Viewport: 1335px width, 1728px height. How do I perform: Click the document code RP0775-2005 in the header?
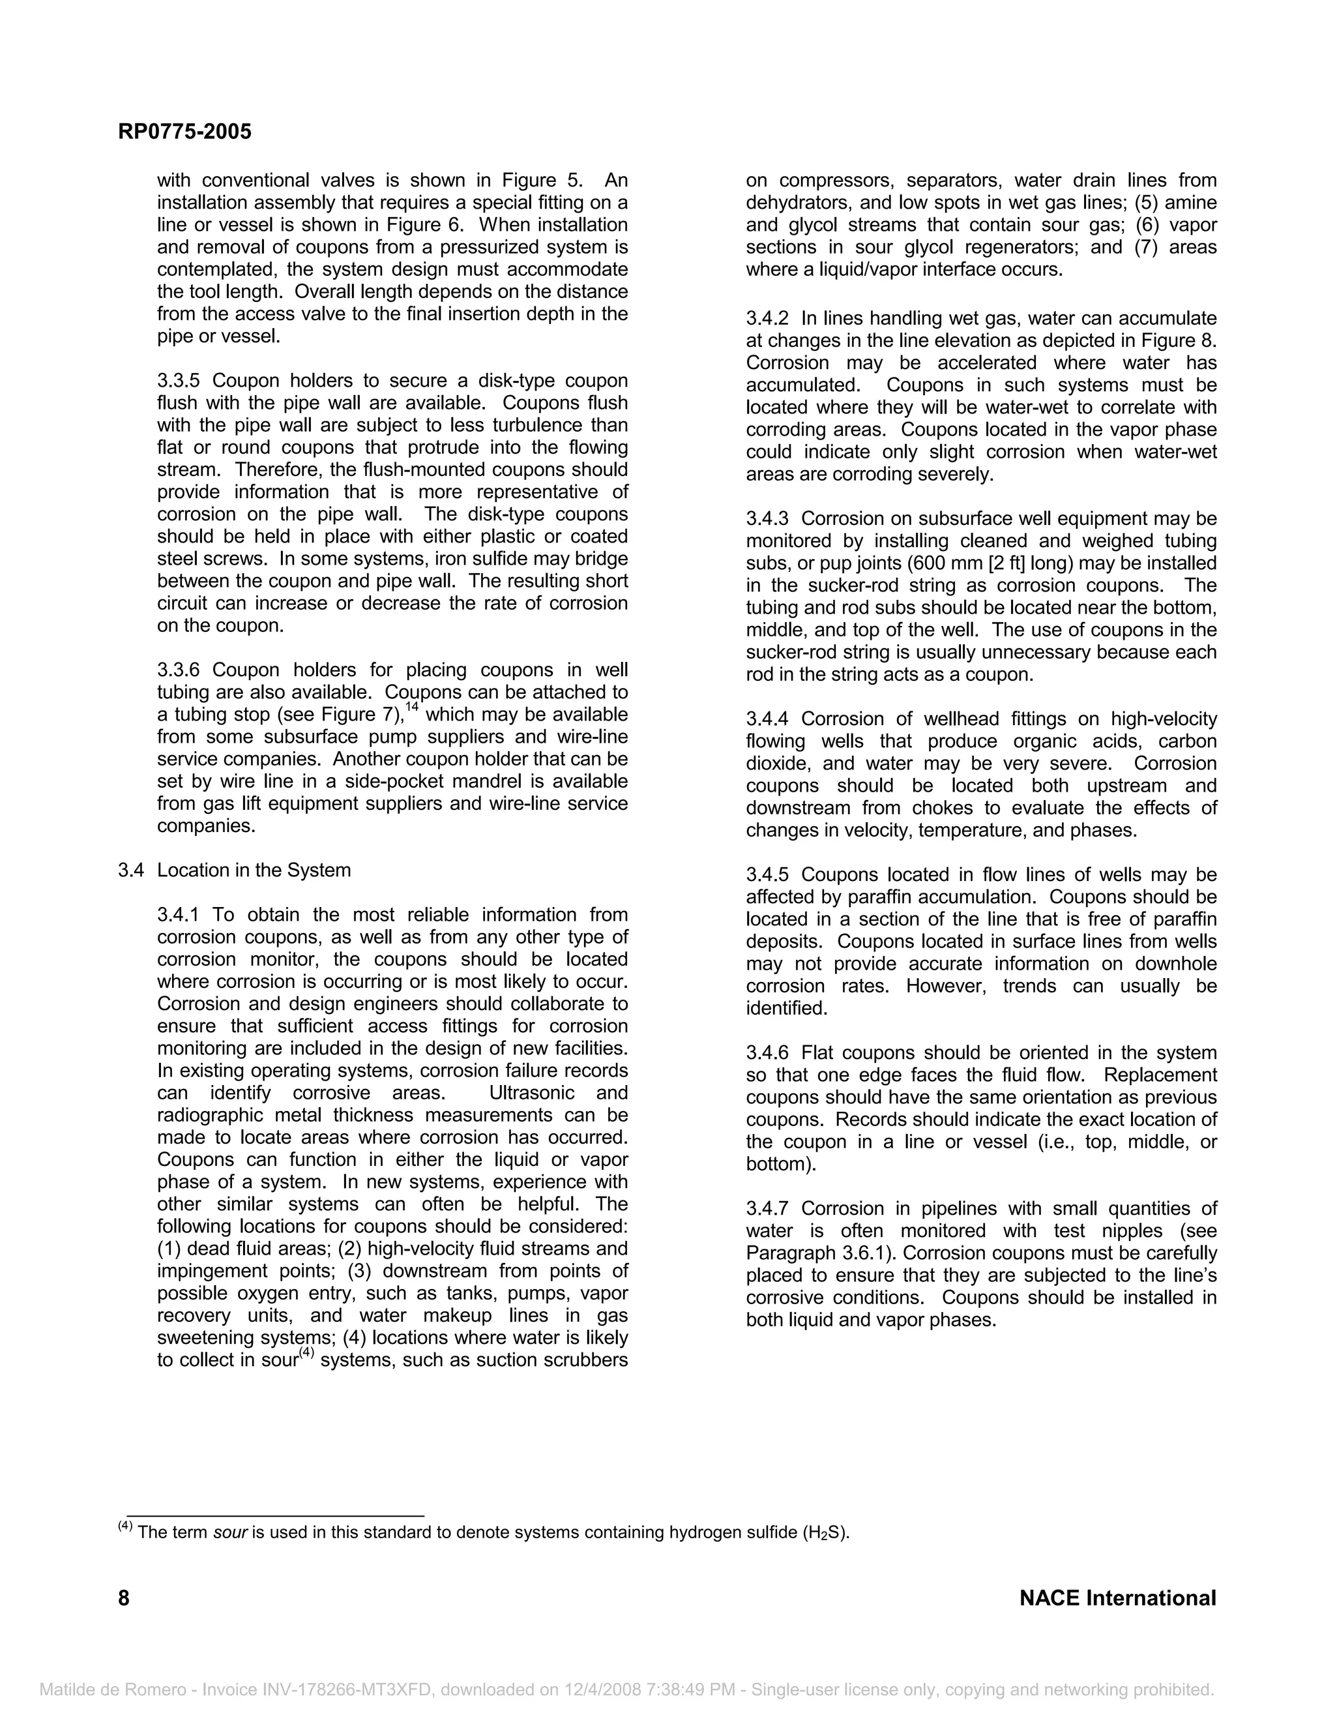point(184,131)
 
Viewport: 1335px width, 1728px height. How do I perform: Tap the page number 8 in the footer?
point(124,1598)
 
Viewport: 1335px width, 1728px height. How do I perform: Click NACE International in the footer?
point(1117,1598)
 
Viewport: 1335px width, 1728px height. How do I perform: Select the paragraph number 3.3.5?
point(181,381)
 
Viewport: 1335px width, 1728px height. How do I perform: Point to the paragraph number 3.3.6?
point(181,670)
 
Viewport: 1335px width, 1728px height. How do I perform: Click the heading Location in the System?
point(253,871)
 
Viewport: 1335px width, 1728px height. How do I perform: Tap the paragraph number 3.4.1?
point(181,915)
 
